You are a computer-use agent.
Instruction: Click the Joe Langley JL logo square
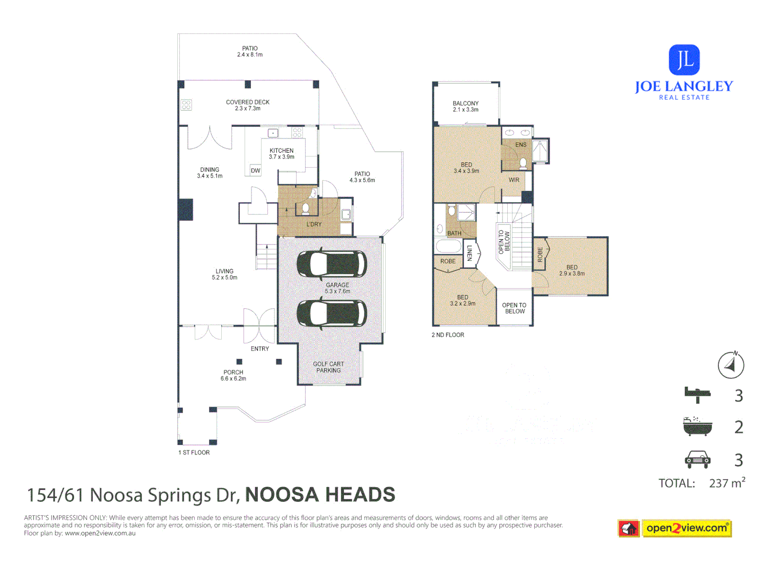[684, 59]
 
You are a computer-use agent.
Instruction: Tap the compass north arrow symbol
[731, 365]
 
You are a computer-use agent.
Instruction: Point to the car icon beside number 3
[697, 459]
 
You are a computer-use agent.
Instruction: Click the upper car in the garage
[332, 264]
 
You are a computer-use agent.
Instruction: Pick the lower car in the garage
[332, 313]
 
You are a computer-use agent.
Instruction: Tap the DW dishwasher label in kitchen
[256, 171]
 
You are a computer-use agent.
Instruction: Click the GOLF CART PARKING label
[328, 367]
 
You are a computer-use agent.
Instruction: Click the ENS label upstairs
[521, 145]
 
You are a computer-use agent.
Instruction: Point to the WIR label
[514, 180]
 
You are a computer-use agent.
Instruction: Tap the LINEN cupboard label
[470, 253]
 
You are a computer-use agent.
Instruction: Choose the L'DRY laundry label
[314, 224]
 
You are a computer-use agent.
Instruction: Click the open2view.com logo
[687, 528]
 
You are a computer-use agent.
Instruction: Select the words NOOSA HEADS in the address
[320, 494]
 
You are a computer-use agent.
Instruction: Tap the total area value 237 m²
[727, 483]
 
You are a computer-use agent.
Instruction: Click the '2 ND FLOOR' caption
[448, 335]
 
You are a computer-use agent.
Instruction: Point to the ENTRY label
[260, 349]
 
